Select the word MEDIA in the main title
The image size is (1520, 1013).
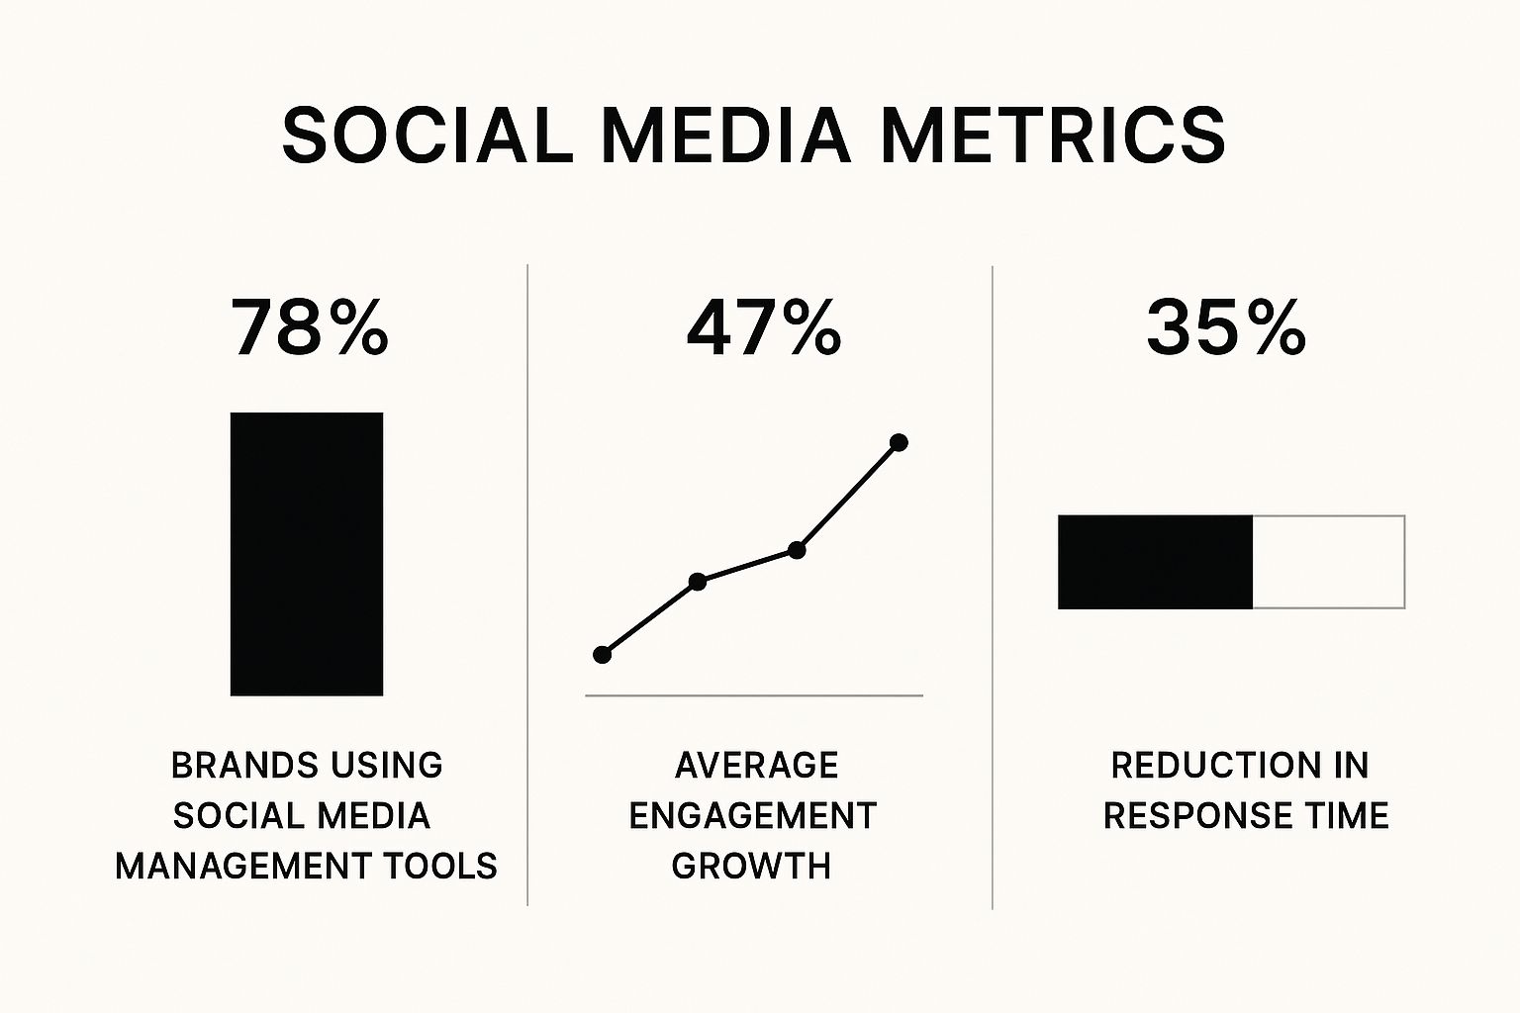(x=726, y=135)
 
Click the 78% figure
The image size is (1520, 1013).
(x=310, y=327)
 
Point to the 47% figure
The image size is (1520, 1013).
(x=764, y=327)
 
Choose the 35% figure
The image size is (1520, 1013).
(x=1225, y=327)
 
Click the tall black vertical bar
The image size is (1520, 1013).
(x=307, y=554)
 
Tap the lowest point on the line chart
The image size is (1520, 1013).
(x=602, y=655)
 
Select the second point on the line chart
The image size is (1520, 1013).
(x=698, y=582)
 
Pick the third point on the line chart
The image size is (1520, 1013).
(x=798, y=550)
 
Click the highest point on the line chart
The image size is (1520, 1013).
(x=899, y=442)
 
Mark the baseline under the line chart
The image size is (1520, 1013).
(x=754, y=695)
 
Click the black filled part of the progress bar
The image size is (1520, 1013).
(x=1155, y=562)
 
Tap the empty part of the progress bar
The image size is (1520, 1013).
(x=1329, y=562)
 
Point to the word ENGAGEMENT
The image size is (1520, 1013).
(x=753, y=816)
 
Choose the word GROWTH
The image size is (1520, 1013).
(x=751, y=867)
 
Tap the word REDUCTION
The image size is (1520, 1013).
(x=1206, y=766)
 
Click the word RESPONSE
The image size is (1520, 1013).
(x=1197, y=816)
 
